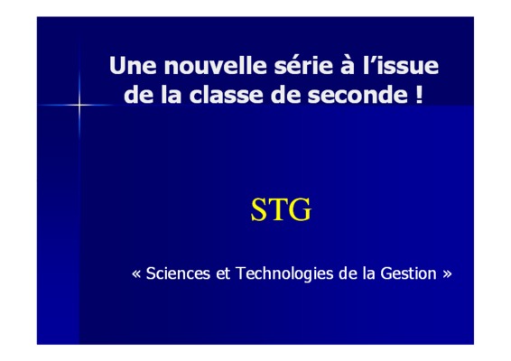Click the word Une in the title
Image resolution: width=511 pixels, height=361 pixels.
point(133,66)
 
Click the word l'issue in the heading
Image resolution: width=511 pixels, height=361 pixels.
point(400,66)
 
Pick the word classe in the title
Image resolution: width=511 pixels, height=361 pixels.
point(226,95)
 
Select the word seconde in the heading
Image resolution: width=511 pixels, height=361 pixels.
point(358,95)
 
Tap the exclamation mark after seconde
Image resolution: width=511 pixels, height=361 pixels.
point(420,95)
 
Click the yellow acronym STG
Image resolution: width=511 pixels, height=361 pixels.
point(281,209)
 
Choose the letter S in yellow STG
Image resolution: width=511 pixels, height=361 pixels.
point(259,209)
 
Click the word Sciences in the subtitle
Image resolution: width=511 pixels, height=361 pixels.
point(178,273)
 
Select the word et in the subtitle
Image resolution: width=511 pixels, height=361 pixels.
point(223,273)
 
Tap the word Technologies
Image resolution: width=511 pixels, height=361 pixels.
point(284,273)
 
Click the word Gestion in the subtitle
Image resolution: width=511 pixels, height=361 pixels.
point(408,273)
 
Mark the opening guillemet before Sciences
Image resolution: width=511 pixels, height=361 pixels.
point(136,274)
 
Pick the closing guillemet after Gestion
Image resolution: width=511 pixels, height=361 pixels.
point(447,274)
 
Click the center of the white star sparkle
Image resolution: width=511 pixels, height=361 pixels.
point(79,105)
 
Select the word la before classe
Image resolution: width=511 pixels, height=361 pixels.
point(172,95)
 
